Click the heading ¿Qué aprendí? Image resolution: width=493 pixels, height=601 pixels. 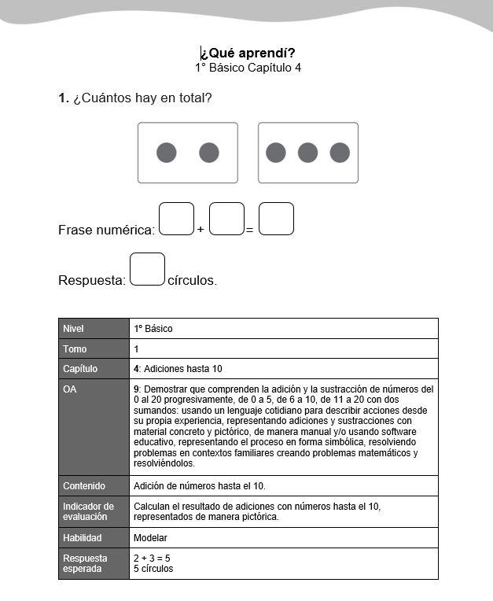pyautogui.click(x=248, y=53)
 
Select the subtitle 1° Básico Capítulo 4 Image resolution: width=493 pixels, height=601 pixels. pyautogui.click(x=248, y=68)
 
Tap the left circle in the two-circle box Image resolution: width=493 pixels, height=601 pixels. pyautogui.click(x=166, y=153)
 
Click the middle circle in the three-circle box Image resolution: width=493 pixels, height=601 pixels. pyautogui.click(x=307, y=153)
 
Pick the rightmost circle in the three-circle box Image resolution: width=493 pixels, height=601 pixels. pyautogui.click(x=340, y=153)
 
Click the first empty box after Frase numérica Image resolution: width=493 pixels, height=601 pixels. pyautogui.click(x=176, y=219)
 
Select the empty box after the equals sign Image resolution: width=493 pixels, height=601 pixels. pyautogui.click(x=276, y=219)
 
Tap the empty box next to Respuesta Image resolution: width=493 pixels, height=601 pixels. pyautogui.click(x=147, y=269)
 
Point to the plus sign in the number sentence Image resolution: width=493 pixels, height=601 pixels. pyautogui.click(x=201, y=230)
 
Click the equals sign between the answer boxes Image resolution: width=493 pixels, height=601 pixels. pyautogui.click(x=249, y=230)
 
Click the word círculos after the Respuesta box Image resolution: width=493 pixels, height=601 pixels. pyautogui.click(x=192, y=280)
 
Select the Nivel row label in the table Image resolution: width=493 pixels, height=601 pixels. pyautogui.click(x=73, y=328)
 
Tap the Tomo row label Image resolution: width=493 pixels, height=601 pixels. pyautogui.click(x=75, y=348)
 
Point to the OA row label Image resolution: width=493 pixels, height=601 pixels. pyautogui.click(x=70, y=389)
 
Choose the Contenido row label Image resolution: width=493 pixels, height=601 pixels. pyautogui.click(x=84, y=485)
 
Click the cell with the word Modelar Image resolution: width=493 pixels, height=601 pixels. pyautogui.click(x=150, y=538)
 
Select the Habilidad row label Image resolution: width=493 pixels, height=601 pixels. pyautogui.click(x=83, y=538)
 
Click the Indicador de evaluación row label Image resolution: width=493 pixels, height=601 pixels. pyautogui.click(x=88, y=511)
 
